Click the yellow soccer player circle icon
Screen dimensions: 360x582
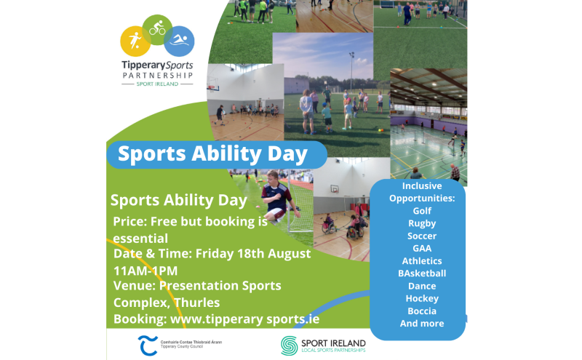pos(135,40)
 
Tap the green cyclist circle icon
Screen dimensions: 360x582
pos(157,30)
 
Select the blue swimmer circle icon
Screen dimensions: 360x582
pos(179,41)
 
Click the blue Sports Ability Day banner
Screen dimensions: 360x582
pos(212,154)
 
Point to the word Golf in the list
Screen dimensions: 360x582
pos(422,211)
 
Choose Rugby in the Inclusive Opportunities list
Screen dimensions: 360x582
pos(422,223)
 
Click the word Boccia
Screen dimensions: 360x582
pos(422,311)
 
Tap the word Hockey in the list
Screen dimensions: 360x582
pos(422,298)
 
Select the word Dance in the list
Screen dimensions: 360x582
pos(422,286)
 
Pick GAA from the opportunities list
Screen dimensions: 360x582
pos(422,248)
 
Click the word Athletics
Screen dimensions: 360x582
pos(422,260)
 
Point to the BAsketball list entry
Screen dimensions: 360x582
pos(422,273)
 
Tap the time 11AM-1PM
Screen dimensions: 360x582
pos(145,270)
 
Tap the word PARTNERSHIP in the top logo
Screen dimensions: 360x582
pos(157,75)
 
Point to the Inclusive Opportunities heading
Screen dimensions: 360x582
pos(422,192)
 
